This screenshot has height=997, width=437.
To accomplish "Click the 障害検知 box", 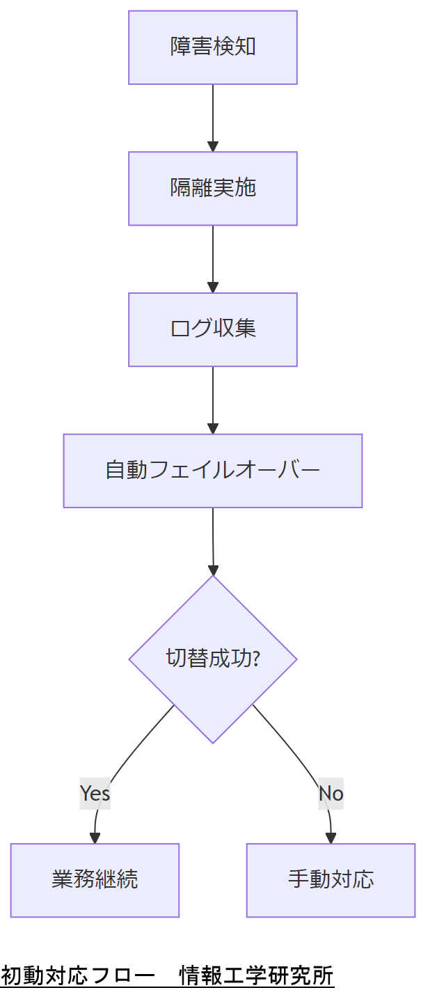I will pos(213,47).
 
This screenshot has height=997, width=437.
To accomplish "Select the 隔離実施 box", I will pos(213,189).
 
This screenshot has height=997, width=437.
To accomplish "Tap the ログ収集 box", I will pos(213,329).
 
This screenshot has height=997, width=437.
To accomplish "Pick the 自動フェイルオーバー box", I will pos(213,471).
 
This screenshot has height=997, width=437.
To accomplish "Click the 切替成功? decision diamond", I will pos(213,659).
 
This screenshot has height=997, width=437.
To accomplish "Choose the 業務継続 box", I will pos(95,880).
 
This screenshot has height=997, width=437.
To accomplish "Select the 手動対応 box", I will pos(331,880).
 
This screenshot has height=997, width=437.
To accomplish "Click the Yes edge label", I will pos(95,793).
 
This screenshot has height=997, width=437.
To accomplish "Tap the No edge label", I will pos(331,793).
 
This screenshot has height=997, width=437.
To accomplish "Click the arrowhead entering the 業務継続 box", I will pos(95,838).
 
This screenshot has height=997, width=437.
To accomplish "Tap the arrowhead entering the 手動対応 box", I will pos(331,838).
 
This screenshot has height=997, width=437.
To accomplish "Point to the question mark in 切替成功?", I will pos(255,659).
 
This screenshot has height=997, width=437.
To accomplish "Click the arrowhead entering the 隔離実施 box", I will pos(213,146).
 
